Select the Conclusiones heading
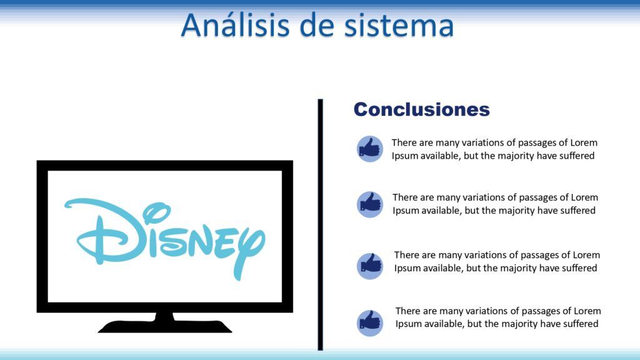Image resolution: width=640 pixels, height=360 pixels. tap(421, 109)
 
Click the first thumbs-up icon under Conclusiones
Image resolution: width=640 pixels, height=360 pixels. tap(370, 149)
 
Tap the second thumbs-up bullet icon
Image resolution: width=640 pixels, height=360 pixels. tap(370, 204)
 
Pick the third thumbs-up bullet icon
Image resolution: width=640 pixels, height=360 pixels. tap(370, 265)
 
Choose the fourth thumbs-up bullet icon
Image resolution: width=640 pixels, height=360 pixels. tap(370, 322)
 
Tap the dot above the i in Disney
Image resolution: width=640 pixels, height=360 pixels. tap(149, 216)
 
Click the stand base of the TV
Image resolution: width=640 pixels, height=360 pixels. tap(165, 326)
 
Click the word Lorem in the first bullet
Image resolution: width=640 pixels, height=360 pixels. tap(584, 142)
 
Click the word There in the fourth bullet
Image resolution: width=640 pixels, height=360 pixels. tap(408, 311)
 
